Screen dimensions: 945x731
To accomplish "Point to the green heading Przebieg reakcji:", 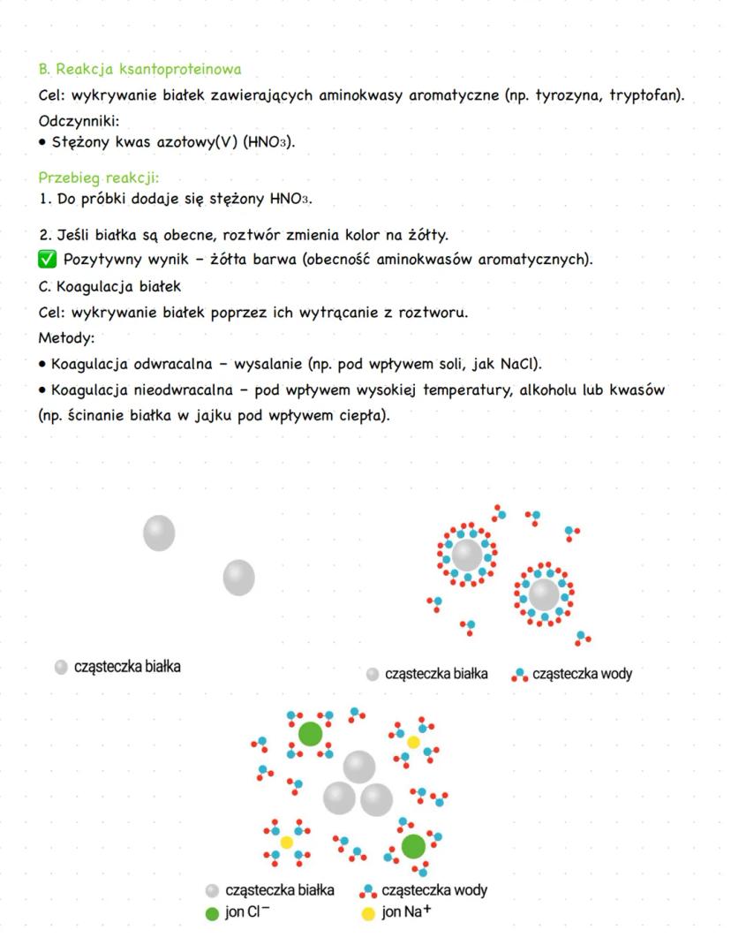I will (98, 178).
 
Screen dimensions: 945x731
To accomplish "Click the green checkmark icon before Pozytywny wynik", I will (48, 260).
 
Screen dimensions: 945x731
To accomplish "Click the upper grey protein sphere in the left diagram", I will (159, 533).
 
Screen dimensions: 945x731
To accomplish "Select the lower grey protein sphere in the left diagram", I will (238, 578).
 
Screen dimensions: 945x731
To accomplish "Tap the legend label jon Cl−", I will (247, 912).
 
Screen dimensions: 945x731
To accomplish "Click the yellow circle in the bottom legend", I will (368, 913).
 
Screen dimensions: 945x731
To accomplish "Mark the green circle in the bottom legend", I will (212, 913).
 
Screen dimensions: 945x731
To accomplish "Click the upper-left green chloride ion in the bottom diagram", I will (310, 733).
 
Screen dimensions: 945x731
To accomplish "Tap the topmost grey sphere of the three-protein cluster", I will (358, 767).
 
